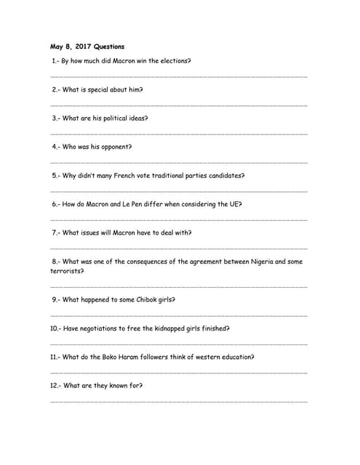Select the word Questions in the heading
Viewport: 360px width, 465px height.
(x=109, y=46)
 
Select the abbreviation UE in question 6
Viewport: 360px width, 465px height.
(x=234, y=204)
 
